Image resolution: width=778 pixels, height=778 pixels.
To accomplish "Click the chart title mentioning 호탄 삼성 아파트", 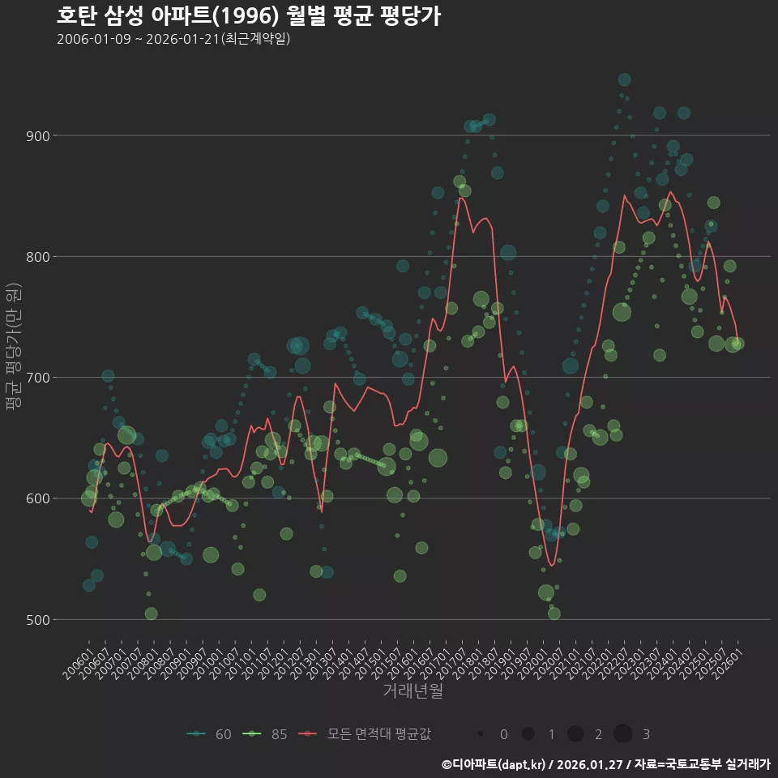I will [249, 16].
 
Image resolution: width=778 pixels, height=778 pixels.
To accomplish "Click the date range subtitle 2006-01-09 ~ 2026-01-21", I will [173, 40].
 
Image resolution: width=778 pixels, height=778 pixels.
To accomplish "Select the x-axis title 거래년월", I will [413, 691].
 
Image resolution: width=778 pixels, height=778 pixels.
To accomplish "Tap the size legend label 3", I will [646, 734].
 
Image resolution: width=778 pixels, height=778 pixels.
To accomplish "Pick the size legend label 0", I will [504, 734].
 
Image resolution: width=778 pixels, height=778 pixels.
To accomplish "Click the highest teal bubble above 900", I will [624, 79].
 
